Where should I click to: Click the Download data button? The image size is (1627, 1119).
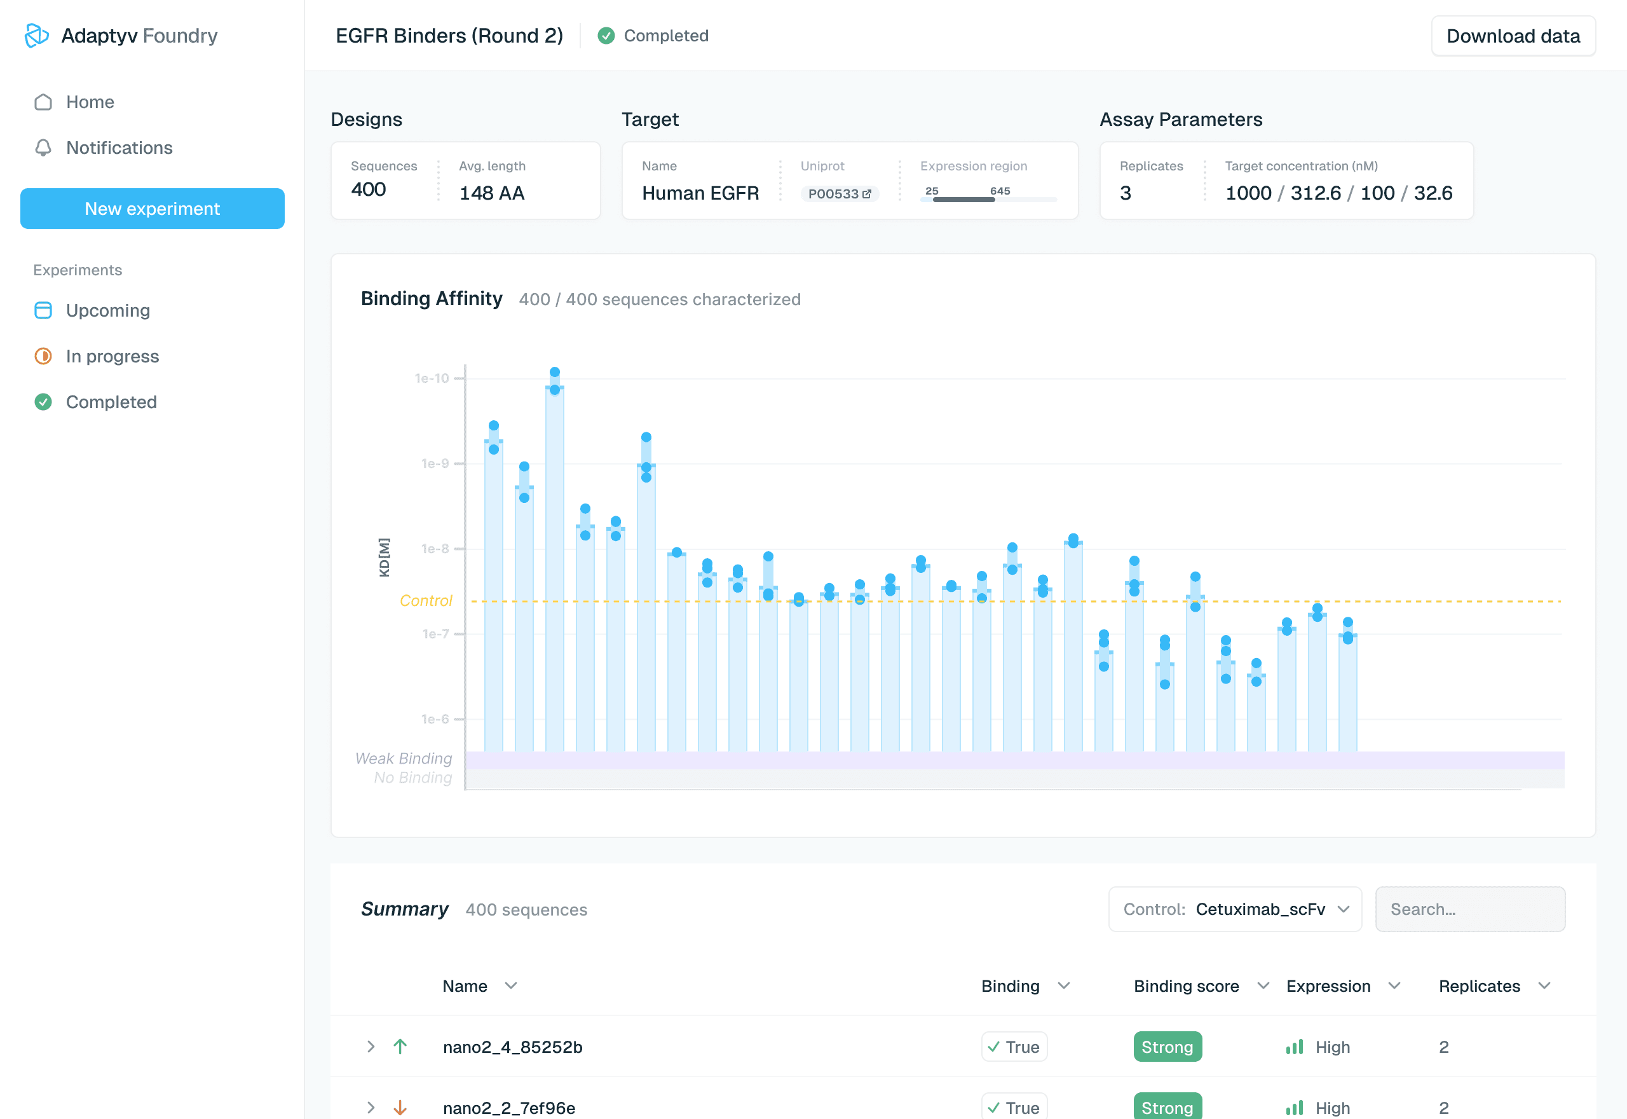point(1512,36)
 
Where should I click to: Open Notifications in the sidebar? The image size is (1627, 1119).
point(119,148)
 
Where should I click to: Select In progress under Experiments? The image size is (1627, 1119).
point(112,356)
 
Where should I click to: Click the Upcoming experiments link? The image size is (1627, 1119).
point(108,311)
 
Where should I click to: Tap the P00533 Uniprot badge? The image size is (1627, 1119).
point(839,194)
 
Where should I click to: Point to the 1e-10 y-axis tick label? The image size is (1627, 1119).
point(432,378)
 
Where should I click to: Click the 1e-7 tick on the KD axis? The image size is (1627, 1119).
point(435,634)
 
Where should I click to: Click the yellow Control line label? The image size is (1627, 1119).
point(425,601)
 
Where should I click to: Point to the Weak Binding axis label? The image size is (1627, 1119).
point(403,759)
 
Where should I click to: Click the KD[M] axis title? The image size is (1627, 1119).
point(384,558)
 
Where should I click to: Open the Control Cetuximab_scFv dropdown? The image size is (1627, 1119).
point(1235,909)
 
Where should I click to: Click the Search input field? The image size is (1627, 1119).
point(1469,909)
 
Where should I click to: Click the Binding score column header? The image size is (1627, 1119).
point(1187,987)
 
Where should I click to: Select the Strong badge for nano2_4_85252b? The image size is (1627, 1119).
point(1167,1047)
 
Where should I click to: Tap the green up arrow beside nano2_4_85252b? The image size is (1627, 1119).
point(400,1047)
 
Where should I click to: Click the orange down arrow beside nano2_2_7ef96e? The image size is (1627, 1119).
point(400,1108)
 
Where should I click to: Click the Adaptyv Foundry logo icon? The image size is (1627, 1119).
point(36,36)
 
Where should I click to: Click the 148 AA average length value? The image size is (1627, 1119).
point(491,193)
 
